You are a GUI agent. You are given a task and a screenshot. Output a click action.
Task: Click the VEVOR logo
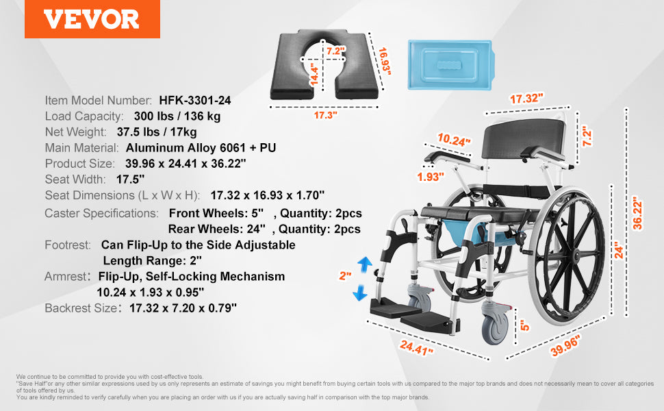[x=92, y=19]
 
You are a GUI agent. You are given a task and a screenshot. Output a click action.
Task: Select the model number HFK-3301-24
[x=195, y=101]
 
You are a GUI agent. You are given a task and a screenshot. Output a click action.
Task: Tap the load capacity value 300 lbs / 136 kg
[x=177, y=116]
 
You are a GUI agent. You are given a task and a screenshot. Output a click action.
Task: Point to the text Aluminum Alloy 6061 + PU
[x=201, y=148]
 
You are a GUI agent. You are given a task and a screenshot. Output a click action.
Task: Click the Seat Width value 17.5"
[x=131, y=179]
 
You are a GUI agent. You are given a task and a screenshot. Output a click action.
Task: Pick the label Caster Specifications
[x=101, y=213]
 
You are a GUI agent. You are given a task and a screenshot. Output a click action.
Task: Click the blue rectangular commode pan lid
[x=451, y=65]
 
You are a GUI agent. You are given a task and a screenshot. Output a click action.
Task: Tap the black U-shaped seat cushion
[x=324, y=64]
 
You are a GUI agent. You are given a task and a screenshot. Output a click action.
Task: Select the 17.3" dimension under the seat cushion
[x=325, y=115]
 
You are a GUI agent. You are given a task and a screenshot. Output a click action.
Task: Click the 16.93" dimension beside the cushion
[x=385, y=61]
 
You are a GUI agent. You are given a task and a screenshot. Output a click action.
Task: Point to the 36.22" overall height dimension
[x=638, y=213]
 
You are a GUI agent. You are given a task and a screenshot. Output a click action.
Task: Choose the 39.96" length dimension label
[x=565, y=346]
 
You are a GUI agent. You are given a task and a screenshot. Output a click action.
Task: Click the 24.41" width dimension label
[x=416, y=347]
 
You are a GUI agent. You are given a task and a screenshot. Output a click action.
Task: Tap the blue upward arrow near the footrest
[x=365, y=264]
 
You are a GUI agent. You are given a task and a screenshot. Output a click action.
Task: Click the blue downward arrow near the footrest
[x=360, y=292]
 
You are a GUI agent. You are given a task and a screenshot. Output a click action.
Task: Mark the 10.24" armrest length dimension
[x=454, y=140]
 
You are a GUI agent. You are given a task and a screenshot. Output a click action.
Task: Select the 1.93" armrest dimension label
[x=431, y=177]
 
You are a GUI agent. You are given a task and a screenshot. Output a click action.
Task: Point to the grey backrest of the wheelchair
[x=524, y=138]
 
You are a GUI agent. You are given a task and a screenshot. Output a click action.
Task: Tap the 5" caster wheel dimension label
[x=524, y=325]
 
